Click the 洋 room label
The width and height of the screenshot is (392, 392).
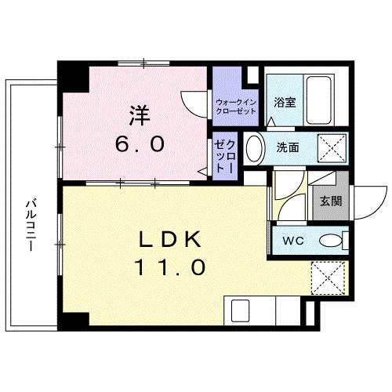140,115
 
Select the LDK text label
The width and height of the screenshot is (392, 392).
173,239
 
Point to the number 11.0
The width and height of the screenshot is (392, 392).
173,267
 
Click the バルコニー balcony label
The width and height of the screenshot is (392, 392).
31,223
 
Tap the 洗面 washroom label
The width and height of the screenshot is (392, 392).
287,147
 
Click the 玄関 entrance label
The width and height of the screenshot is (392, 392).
331,201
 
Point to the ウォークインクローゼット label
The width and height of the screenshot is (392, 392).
236,107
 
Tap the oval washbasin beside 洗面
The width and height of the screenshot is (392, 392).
254,148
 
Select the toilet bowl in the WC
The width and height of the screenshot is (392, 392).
333,241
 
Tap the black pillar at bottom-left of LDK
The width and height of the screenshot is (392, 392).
74,321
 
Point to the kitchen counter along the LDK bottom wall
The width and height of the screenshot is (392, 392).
263,311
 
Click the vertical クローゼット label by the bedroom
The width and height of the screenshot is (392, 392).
225,156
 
